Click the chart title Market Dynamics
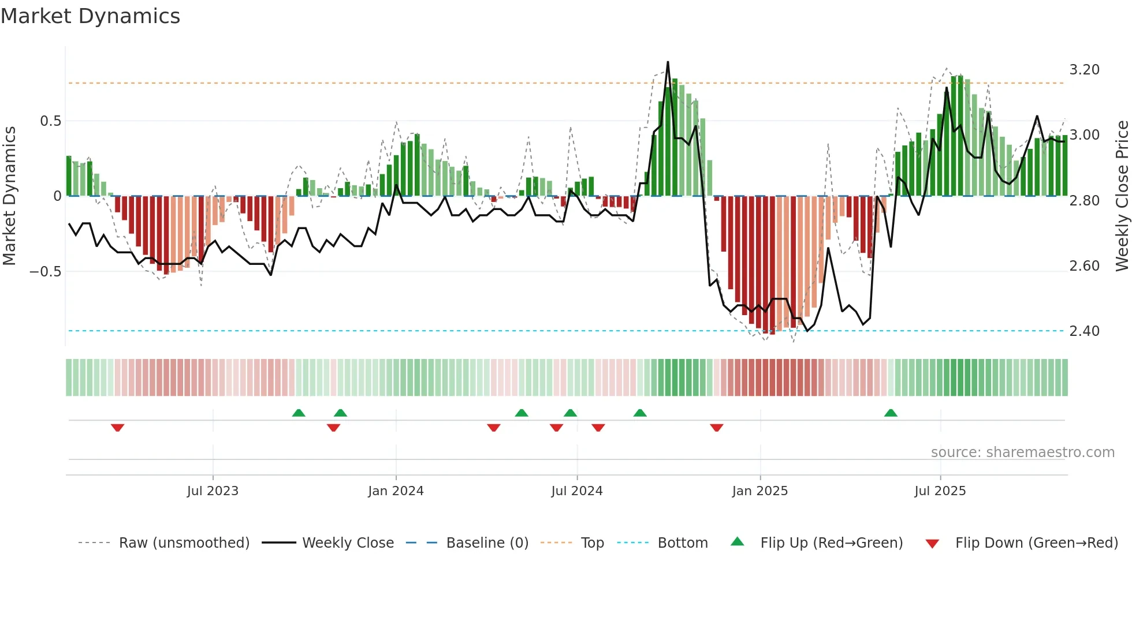click(91, 16)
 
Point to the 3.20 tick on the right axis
click(1084, 70)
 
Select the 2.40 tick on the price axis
click(1084, 331)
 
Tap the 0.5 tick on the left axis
click(50, 121)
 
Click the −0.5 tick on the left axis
click(46, 272)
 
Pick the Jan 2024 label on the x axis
click(396, 491)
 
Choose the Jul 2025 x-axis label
click(940, 491)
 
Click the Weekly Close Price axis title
click(1122, 196)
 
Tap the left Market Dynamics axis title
click(10, 196)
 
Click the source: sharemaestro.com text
click(1022, 452)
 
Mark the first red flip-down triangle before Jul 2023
click(117, 428)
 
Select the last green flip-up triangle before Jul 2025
click(891, 413)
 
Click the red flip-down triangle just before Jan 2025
click(716, 428)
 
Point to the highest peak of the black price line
click(668, 62)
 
